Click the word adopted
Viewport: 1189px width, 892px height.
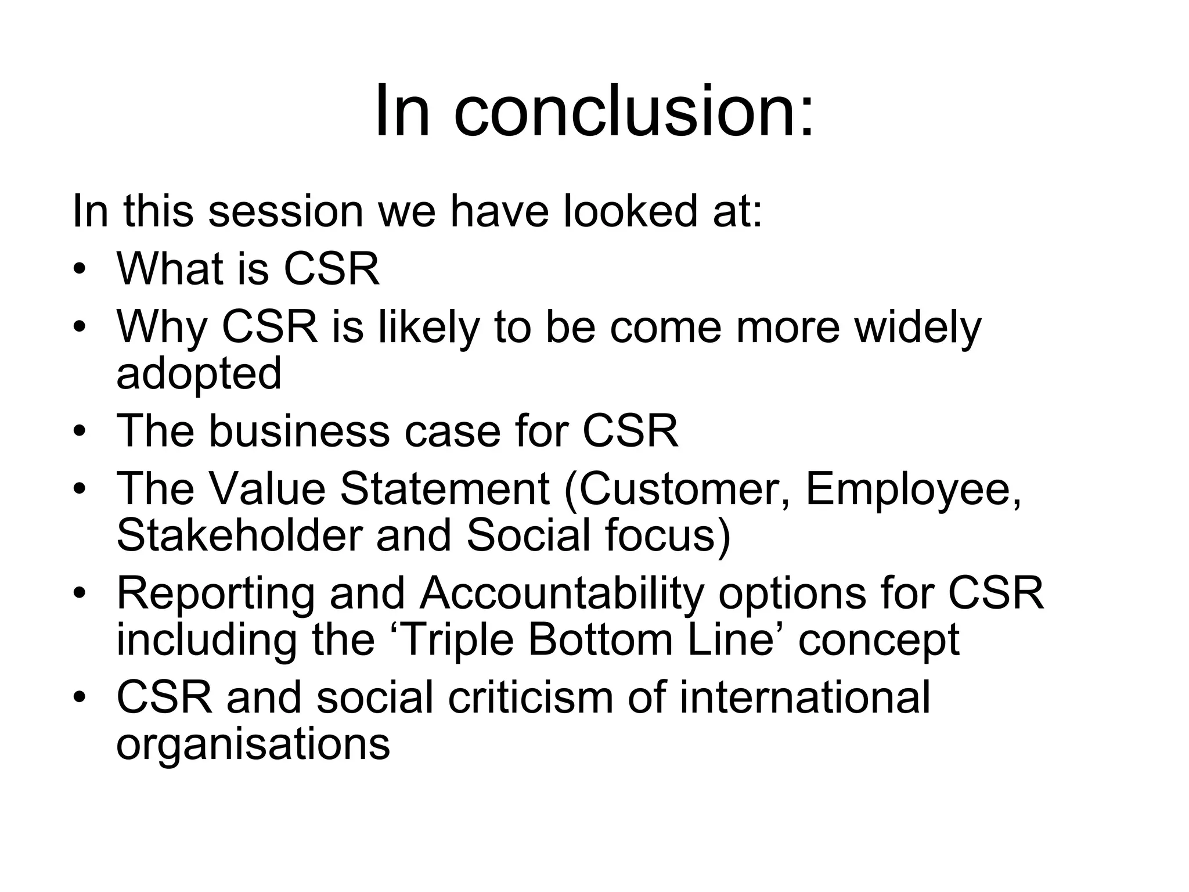[x=199, y=373]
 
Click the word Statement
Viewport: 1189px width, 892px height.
[x=444, y=489]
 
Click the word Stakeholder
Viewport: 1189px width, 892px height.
[x=239, y=535]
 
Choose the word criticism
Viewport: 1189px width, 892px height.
[x=530, y=697]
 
